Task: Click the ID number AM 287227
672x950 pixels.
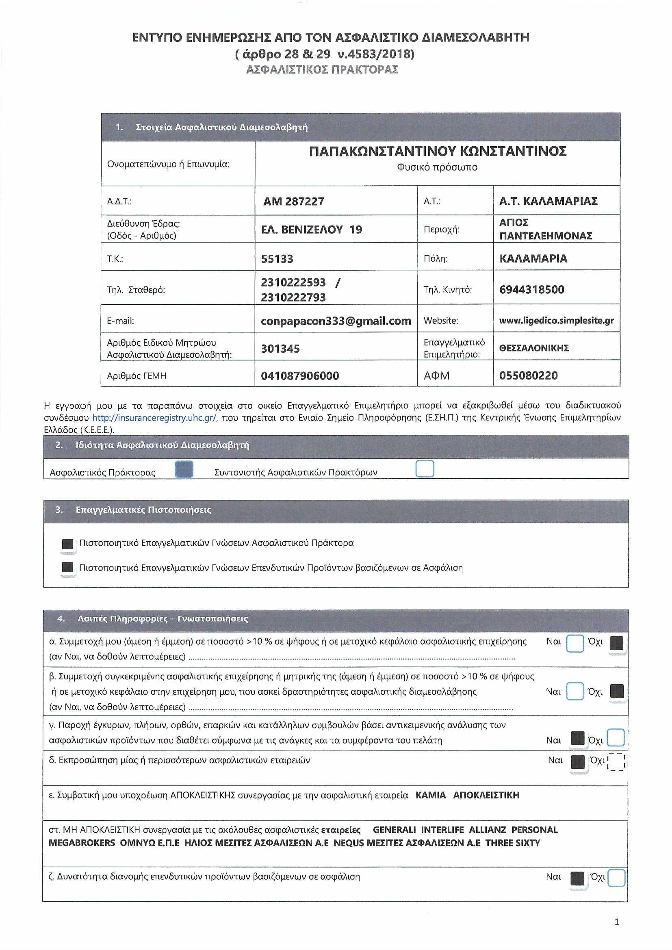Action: (x=293, y=202)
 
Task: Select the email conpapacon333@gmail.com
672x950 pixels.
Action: (x=336, y=321)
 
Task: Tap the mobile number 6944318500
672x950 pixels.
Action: (x=531, y=290)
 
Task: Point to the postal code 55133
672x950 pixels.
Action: (x=277, y=259)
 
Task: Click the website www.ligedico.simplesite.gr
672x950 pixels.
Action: (x=556, y=321)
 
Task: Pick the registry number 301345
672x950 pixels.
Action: (x=280, y=349)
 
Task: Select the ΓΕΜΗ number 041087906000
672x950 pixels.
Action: (x=299, y=376)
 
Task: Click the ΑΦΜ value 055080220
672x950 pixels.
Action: (x=528, y=376)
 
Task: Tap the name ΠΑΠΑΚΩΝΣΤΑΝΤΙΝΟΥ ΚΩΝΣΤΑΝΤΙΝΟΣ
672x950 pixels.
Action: (x=438, y=152)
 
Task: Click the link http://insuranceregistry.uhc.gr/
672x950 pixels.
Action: (x=154, y=418)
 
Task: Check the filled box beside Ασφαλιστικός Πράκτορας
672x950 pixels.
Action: (x=184, y=469)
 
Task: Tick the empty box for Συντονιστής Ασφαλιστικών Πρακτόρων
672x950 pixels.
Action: (x=425, y=469)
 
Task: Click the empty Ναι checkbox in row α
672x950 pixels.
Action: (x=574, y=643)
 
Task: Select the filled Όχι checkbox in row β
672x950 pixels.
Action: (x=617, y=692)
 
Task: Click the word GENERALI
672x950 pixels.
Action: (x=394, y=830)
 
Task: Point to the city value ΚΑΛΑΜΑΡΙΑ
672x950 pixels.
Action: (x=533, y=259)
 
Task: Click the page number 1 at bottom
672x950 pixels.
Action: (x=617, y=922)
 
